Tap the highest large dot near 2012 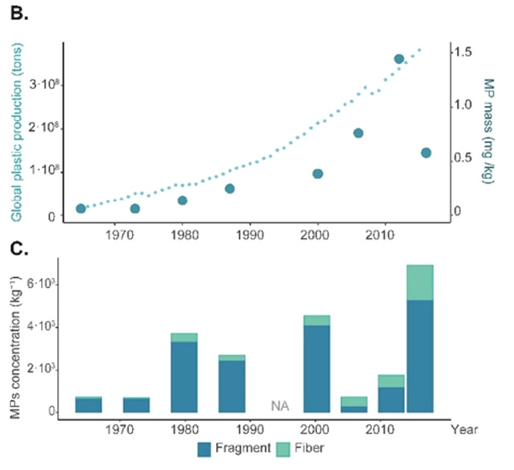398,59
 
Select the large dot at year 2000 317,174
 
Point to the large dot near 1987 230,189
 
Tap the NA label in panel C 279,405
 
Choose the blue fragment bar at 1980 183,377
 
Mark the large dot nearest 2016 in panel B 426,153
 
